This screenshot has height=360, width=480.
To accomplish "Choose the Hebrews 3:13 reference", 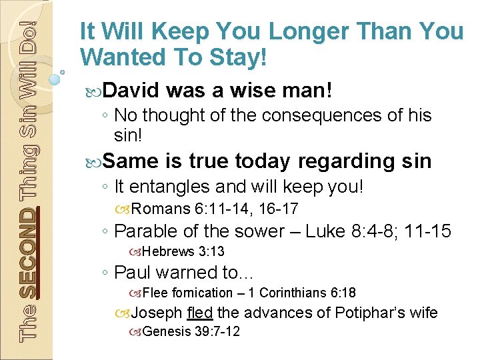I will click(x=183, y=251).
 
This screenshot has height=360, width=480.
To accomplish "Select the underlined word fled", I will click(x=201, y=312).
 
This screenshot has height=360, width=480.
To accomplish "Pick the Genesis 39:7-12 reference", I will click(x=191, y=331).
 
